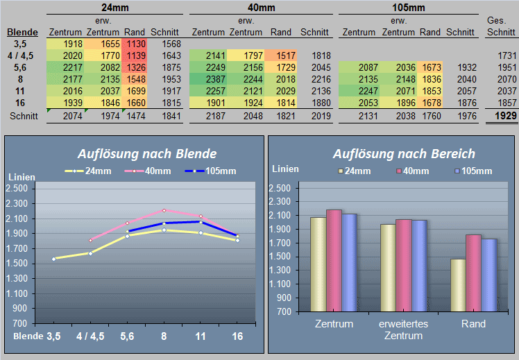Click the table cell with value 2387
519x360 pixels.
[208, 79]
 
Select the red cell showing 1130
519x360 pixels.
[135, 44]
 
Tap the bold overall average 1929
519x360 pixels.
[505, 116]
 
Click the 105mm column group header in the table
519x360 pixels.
[409, 7]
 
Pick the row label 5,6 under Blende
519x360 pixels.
[20, 67]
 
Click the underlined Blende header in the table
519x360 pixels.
[22, 32]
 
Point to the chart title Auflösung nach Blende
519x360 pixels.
[147, 154]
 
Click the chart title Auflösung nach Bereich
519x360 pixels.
[404, 154]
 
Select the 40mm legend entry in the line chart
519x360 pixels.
[148, 171]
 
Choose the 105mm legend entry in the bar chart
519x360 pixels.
[473, 171]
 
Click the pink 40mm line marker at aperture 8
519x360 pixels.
[164, 210]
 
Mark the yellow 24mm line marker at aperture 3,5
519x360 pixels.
[54, 259]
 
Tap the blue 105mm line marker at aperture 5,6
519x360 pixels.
[128, 232]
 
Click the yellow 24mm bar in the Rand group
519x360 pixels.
[458, 285]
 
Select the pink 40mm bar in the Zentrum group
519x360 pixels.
[334, 261]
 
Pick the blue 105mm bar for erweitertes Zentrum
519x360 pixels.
[419, 266]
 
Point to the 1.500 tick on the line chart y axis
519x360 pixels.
[17, 264]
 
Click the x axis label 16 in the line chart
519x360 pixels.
[237, 336]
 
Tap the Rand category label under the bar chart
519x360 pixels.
[473, 324]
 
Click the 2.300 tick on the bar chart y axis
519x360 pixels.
[280, 202]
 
